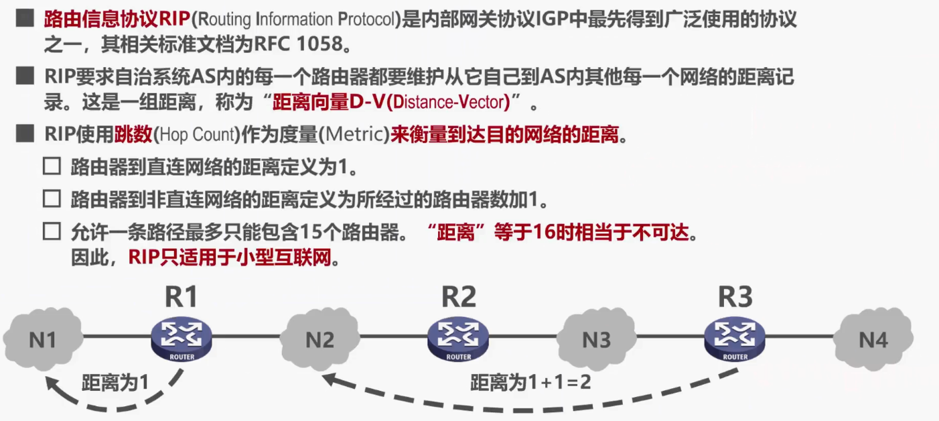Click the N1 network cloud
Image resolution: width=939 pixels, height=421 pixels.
42,341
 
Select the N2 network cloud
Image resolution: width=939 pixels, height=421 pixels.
319,341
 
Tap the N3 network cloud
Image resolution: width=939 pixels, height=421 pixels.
596,341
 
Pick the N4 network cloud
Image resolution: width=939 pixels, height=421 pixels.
873,341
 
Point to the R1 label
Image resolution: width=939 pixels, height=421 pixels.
181,297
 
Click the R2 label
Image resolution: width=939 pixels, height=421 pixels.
459,297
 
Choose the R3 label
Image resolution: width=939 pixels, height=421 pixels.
735,297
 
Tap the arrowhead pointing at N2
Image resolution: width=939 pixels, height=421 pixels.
327,379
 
